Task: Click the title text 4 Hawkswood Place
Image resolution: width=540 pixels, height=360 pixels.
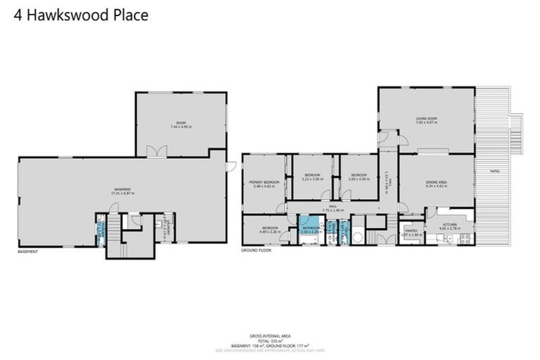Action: pyautogui.click(x=81, y=15)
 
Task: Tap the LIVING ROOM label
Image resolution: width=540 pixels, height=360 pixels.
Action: pyautogui.click(x=426, y=119)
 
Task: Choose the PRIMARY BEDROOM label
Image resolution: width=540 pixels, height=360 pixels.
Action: pyautogui.click(x=264, y=182)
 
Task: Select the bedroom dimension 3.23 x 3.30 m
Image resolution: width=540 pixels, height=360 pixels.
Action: pyautogui.click(x=312, y=179)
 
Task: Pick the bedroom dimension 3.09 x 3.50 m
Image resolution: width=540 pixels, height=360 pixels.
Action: pyautogui.click(x=359, y=179)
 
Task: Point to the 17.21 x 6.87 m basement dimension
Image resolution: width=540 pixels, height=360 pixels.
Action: pyautogui.click(x=122, y=193)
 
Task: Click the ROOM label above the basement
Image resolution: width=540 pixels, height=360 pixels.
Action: pyautogui.click(x=180, y=123)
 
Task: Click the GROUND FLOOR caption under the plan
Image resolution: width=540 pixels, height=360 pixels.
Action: pyautogui.click(x=256, y=250)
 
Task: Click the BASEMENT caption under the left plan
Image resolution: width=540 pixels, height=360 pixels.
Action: pyautogui.click(x=28, y=251)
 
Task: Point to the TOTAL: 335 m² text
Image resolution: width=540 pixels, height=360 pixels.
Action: pyautogui.click(x=270, y=340)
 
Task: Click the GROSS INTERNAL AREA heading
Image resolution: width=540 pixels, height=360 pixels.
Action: pyautogui.click(x=270, y=336)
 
